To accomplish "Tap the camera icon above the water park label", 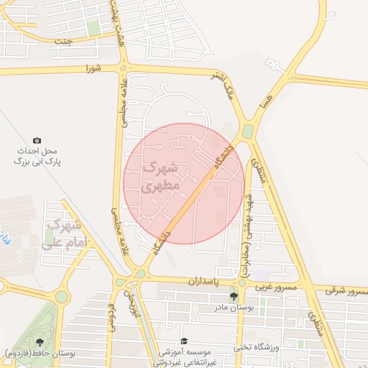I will [x=37, y=140].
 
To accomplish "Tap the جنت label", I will [x=65, y=41].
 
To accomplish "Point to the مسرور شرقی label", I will [x=341, y=290].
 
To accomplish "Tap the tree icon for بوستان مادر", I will [x=234, y=296].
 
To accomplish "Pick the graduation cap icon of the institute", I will [x=184, y=341].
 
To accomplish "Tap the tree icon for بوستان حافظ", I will [x=39, y=342].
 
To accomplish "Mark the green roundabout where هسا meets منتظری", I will [x=248, y=132].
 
